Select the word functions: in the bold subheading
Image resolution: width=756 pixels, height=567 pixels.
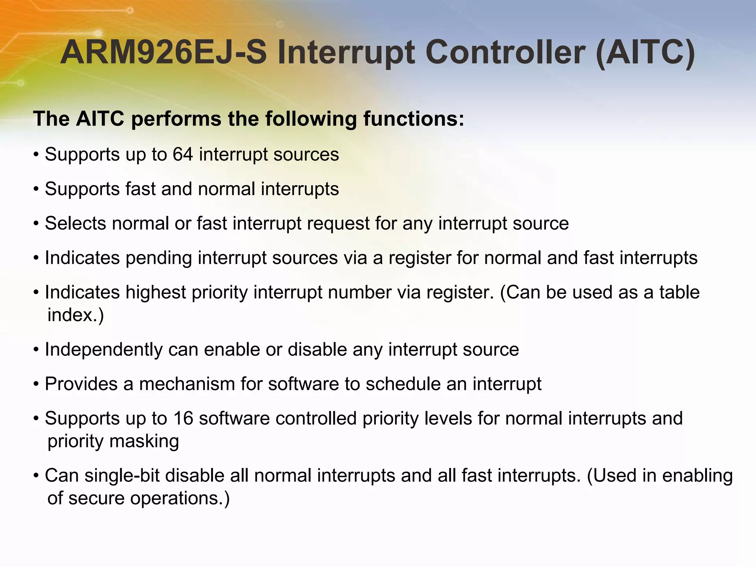413,119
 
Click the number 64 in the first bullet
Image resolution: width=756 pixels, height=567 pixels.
183,154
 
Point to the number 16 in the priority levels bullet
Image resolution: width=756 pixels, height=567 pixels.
183,419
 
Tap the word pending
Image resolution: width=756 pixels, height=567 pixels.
158,258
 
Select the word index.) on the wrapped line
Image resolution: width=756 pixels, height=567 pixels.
76,315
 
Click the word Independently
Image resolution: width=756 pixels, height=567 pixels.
103,350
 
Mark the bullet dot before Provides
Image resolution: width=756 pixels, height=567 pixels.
36,384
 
